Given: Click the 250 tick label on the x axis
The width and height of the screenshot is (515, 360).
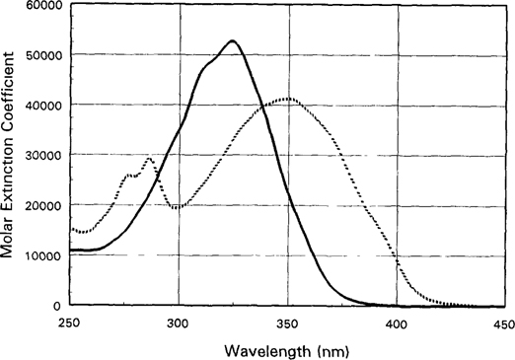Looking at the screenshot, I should coord(69,323).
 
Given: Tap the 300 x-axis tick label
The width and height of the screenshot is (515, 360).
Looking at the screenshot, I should coord(179,323).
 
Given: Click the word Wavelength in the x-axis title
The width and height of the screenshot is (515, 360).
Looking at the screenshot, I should coord(260,350).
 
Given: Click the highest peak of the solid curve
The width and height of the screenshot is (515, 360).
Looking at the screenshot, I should coord(232,41).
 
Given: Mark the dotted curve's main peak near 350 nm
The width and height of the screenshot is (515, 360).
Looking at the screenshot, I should coord(288,99).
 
